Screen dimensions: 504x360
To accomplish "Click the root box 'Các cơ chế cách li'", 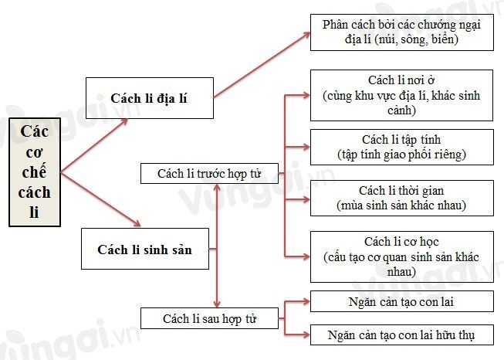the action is [x=35, y=172].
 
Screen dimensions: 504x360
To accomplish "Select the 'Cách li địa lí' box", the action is [x=150, y=98].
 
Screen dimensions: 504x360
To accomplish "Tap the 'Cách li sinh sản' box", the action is [x=145, y=249].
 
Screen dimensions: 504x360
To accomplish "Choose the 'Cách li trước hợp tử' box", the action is [x=209, y=173].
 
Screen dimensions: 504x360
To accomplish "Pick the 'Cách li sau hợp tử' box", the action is [x=209, y=318].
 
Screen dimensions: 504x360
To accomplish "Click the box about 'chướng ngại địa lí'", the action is [x=402, y=32].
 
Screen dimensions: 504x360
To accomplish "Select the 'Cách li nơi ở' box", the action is [x=401, y=95].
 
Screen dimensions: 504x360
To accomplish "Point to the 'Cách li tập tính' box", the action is [x=402, y=147].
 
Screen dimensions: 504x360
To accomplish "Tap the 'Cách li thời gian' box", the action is [x=402, y=198].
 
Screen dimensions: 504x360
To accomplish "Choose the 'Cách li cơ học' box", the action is [x=402, y=256].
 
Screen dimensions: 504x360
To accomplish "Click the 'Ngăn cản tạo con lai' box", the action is [x=402, y=301].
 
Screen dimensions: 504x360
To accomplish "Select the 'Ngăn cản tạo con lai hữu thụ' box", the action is [x=402, y=335].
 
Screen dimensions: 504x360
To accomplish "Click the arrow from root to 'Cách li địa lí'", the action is [x=94, y=146].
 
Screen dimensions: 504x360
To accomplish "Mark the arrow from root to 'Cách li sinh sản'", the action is [x=100, y=199].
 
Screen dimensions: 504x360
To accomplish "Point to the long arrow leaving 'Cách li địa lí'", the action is [x=262, y=65].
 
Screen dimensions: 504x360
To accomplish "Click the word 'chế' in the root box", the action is [x=35, y=171].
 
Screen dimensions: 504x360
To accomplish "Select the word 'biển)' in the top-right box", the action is [x=445, y=39].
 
